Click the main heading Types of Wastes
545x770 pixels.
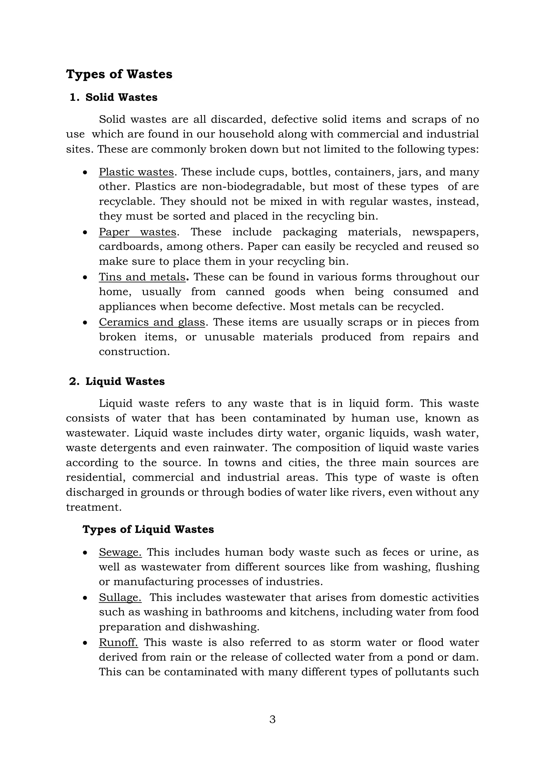pyautogui.click(x=119, y=74)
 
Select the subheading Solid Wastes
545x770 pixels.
pyautogui.click(x=121, y=97)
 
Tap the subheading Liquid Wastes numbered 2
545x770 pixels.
pyautogui.click(x=125, y=381)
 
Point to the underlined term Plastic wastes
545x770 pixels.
pyautogui.click(x=136, y=172)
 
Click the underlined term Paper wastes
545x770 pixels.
pyautogui.click(x=137, y=232)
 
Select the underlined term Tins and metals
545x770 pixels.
pyautogui.click(x=142, y=277)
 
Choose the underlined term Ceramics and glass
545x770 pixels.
pyautogui.click(x=152, y=322)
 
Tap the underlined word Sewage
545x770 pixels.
pyautogui.click(x=120, y=552)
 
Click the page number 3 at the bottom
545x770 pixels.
pyautogui.click(x=272, y=719)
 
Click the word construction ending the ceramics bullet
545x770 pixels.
pyautogui.click(x=134, y=351)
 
